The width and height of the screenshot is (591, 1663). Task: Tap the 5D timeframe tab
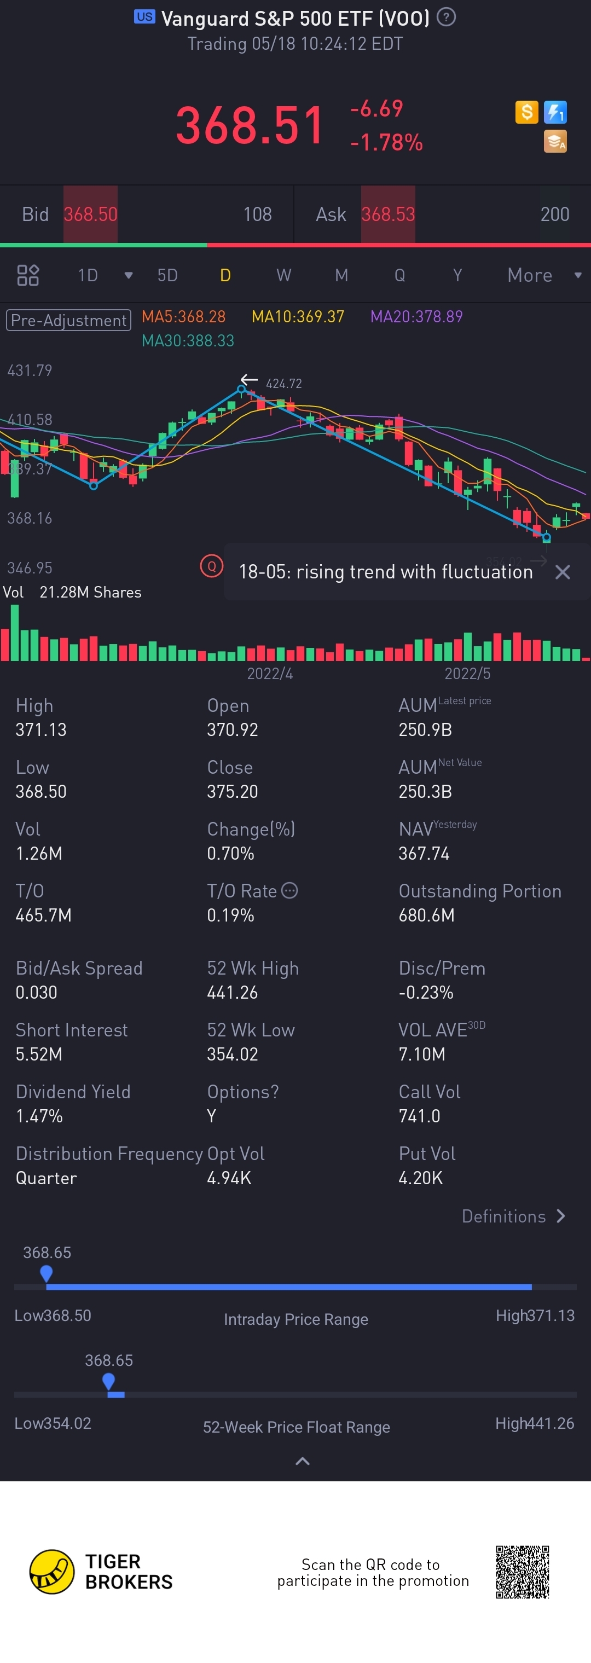(167, 276)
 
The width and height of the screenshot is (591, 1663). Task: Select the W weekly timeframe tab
(283, 276)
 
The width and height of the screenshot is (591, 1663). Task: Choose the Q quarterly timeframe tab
(400, 276)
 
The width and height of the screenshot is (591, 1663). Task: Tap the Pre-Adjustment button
(68, 320)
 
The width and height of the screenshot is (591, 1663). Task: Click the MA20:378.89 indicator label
(416, 316)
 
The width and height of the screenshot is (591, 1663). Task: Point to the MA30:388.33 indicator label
(187, 341)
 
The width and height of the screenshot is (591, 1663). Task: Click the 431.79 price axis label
(30, 370)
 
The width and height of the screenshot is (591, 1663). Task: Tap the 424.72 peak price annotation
(283, 384)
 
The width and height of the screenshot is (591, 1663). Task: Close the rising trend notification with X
(563, 572)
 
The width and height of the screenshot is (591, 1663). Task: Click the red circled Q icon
(211, 567)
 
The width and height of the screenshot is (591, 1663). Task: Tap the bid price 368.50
(90, 215)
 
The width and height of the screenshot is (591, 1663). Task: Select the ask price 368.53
(387, 215)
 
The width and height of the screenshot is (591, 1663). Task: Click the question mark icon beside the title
(445, 18)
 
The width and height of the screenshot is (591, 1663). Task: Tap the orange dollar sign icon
(526, 112)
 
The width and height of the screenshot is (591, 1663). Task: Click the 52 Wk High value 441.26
(233, 992)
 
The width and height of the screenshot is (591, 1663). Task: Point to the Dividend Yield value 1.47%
(39, 1116)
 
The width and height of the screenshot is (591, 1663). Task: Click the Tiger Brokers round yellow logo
(51, 1571)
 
